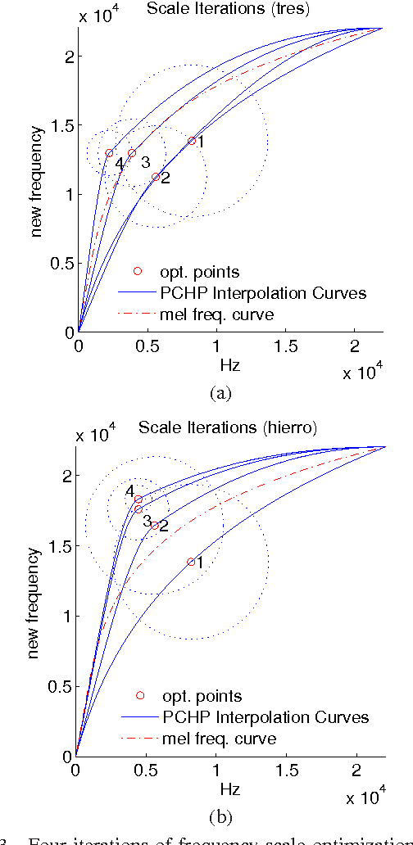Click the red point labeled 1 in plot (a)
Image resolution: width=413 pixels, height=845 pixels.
[192, 141]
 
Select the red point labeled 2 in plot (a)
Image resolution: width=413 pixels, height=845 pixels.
[156, 177]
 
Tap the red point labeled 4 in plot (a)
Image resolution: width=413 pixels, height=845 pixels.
[109, 153]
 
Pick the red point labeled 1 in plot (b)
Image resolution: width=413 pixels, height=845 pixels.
[191, 562]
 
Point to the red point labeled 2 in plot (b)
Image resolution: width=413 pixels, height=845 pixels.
[155, 526]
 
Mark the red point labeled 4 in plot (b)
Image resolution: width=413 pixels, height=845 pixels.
[138, 499]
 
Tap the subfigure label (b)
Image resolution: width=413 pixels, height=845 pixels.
[220, 816]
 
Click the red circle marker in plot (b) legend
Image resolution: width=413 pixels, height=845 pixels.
[140, 695]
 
